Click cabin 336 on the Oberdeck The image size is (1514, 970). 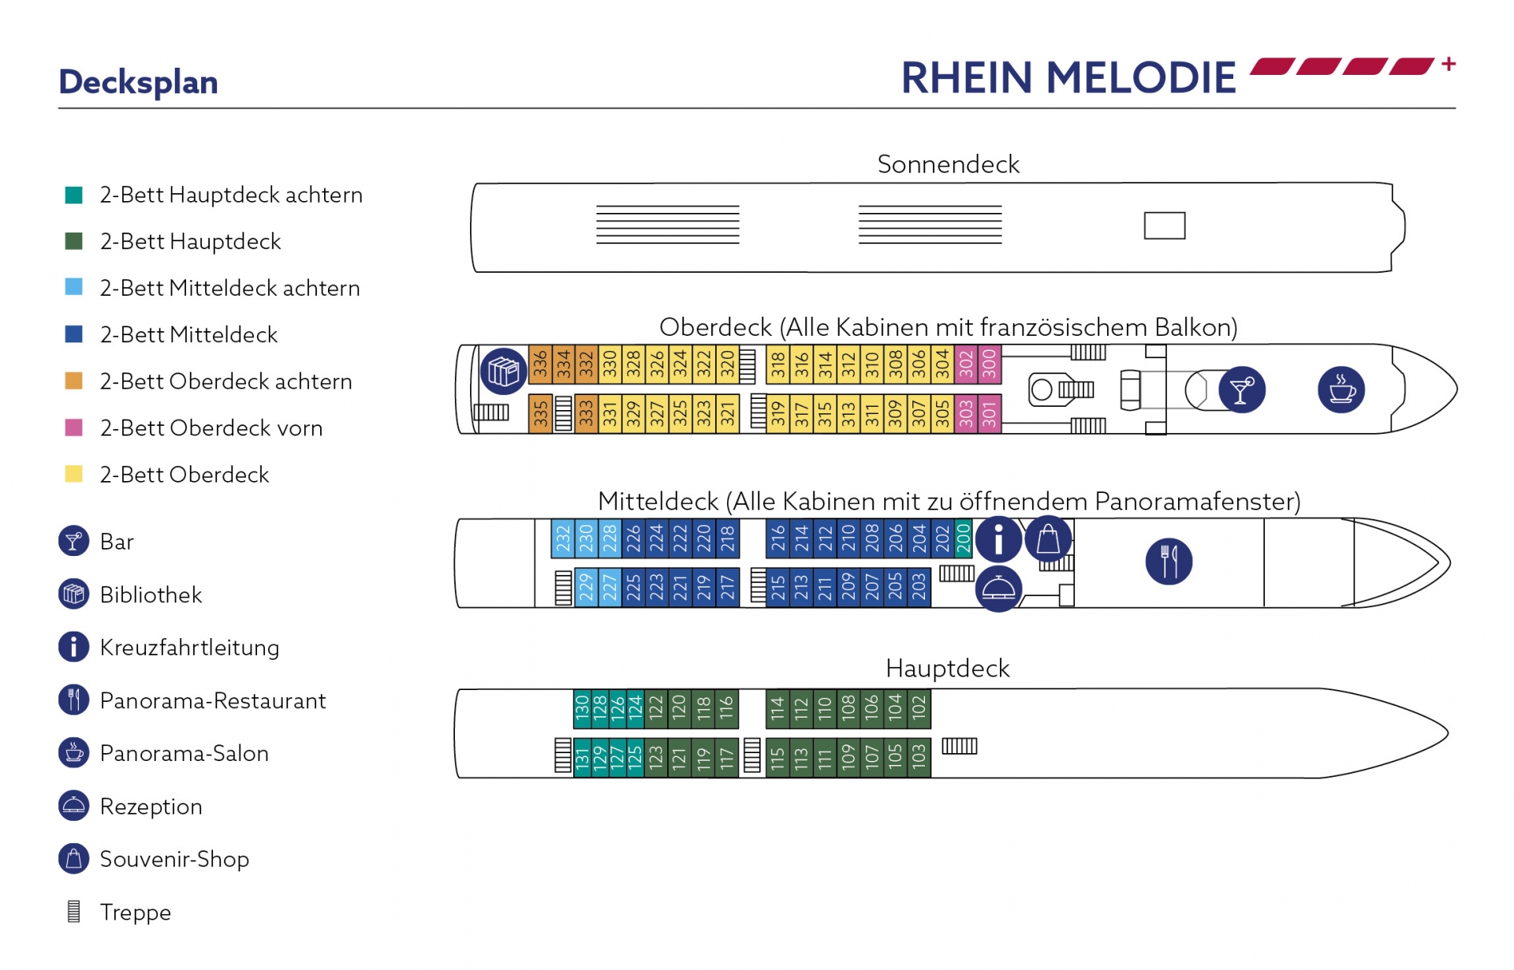coord(540,364)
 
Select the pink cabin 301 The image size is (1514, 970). coord(990,413)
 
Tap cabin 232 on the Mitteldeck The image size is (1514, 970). coord(563,539)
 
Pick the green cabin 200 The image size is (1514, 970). coord(964,539)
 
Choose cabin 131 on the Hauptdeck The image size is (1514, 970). coord(582,758)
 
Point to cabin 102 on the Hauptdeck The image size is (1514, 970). coord(919,709)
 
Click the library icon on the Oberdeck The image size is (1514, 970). coord(503,371)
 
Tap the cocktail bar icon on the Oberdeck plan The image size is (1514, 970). coord(1242,390)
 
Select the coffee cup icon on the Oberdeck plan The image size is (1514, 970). coord(1341,390)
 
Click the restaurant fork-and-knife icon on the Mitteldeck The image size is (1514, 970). coord(1169,561)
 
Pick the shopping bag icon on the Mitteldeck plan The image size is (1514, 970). coord(1048,539)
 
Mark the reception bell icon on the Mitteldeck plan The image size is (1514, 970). coord(998,589)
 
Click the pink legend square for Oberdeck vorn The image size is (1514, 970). coord(73,427)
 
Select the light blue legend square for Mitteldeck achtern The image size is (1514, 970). coord(73,287)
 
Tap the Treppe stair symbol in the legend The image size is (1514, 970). coord(74,912)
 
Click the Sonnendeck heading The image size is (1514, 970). coord(948,164)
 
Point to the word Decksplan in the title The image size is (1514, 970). coord(138,82)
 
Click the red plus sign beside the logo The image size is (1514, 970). coord(1449,64)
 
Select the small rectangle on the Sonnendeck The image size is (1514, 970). coord(1165,226)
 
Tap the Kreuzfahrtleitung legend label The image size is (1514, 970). coord(189,647)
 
